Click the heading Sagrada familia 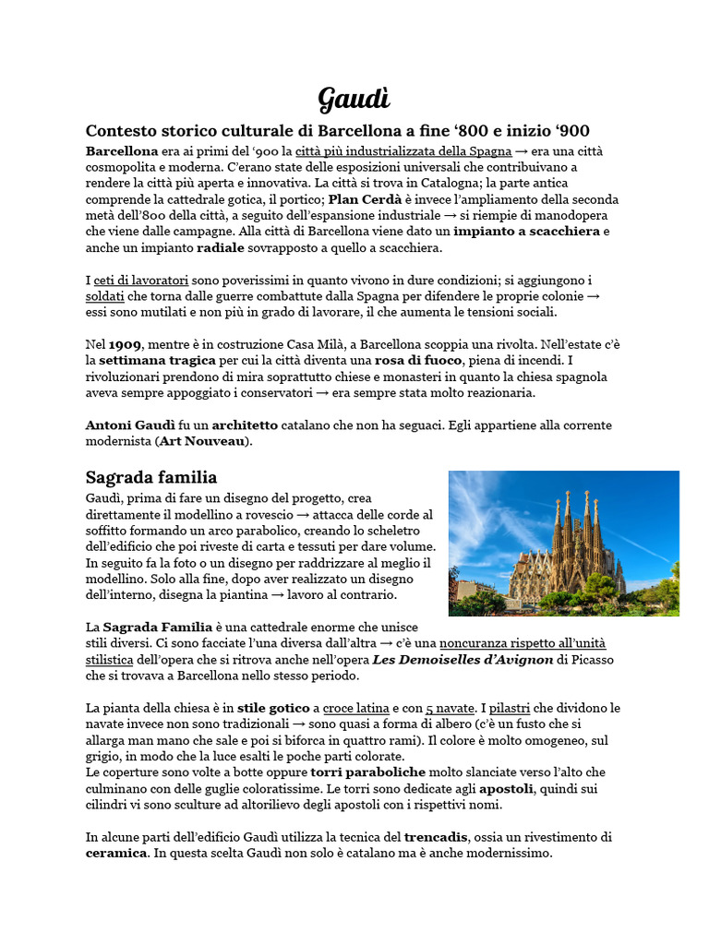coord(151,477)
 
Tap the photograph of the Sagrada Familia coord(563,543)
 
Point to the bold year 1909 coord(125,344)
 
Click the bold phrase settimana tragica coord(157,361)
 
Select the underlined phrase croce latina coord(356,708)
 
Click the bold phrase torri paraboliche coord(367,772)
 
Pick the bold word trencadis coord(437,837)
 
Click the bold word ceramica coord(116,854)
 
